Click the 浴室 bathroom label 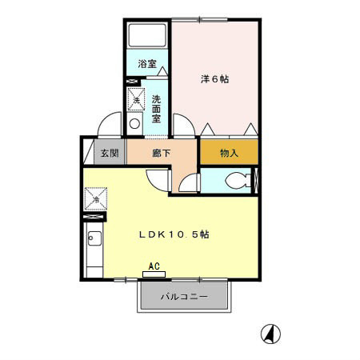pyautogui.click(x=146, y=63)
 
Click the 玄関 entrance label pyautogui.click(x=108, y=153)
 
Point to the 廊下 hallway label pyautogui.click(x=161, y=153)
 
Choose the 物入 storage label pyautogui.click(x=229, y=153)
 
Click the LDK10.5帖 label pyautogui.click(x=174, y=234)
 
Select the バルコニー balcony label pyautogui.click(x=184, y=297)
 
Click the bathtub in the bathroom pyautogui.click(x=148, y=35)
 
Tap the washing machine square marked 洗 pyautogui.click(x=137, y=99)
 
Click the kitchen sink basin pyautogui.click(x=94, y=237)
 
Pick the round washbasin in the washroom pyautogui.click(x=134, y=124)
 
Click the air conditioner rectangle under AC pyautogui.click(x=154, y=274)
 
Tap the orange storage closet pyautogui.click(x=229, y=151)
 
